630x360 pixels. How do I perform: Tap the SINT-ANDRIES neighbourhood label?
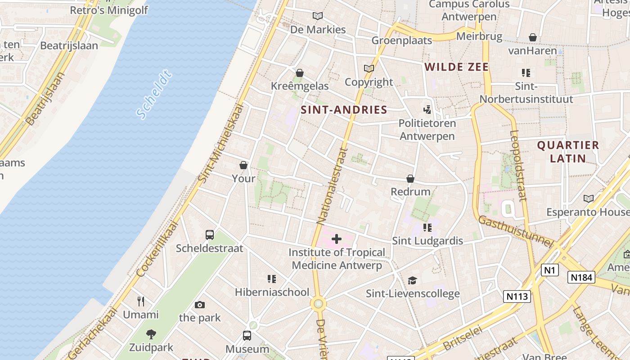click(344, 110)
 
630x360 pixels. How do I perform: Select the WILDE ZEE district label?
click(456, 67)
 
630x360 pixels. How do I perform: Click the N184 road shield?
click(581, 277)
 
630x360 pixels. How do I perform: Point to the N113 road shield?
click(517, 296)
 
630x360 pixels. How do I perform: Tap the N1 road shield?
click(549, 270)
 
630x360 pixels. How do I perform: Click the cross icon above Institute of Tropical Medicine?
click(337, 239)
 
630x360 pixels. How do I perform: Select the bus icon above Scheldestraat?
click(210, 234)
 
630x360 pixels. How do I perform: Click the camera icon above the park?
click(200, 305)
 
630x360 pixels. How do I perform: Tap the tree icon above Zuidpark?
click(151, 334)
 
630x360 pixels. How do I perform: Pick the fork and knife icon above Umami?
click(141, 301)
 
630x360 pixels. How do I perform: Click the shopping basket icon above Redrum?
click(410, 179)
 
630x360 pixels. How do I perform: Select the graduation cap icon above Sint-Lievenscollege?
click(413, 281)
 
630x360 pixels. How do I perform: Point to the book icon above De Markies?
click(318, 16)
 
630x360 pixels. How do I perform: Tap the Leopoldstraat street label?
click(518, 165)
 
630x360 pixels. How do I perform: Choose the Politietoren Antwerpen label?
click(427, 130)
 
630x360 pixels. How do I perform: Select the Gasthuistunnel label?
click(515, 231)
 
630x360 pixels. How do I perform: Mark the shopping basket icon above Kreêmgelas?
click(300, 73)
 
